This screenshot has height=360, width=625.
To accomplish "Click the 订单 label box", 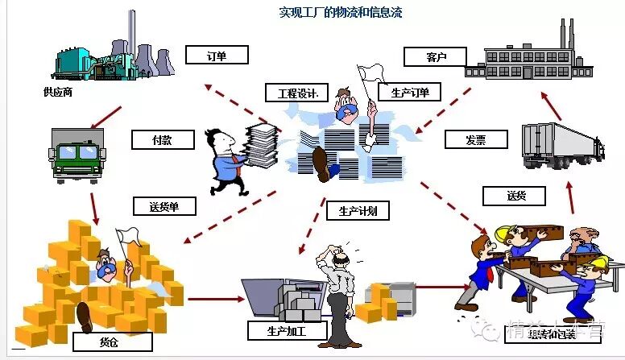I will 217,56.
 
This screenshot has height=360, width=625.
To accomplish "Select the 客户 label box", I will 435,56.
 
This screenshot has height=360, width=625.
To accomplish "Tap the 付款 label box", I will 163,139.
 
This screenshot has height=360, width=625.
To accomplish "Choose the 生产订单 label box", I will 410,93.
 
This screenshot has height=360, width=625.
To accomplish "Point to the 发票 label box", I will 475,139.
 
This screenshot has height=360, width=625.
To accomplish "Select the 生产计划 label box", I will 358,211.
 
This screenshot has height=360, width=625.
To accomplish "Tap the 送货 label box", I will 514,196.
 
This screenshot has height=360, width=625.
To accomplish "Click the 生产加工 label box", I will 275,331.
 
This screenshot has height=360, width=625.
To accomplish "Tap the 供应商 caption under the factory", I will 59,93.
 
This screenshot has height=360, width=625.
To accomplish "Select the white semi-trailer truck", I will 561,146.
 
